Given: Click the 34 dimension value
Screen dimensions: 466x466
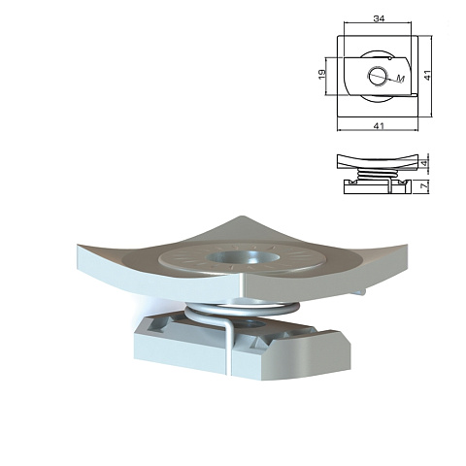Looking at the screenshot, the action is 379,18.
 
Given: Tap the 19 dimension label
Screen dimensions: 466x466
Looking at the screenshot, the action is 322,75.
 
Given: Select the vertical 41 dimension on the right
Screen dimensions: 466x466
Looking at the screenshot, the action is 427,75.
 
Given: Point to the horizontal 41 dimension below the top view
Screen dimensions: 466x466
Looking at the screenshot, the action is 379,125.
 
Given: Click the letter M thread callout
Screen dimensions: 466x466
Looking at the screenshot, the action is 401,79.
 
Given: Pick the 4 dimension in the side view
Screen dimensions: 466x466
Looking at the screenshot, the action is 425,162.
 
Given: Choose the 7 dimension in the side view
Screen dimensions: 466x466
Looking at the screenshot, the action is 425,185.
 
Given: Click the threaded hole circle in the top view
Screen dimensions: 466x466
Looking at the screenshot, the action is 377,77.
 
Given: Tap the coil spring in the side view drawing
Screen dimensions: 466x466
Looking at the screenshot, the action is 377,174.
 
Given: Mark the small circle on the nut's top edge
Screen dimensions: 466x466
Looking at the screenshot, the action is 390,58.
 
